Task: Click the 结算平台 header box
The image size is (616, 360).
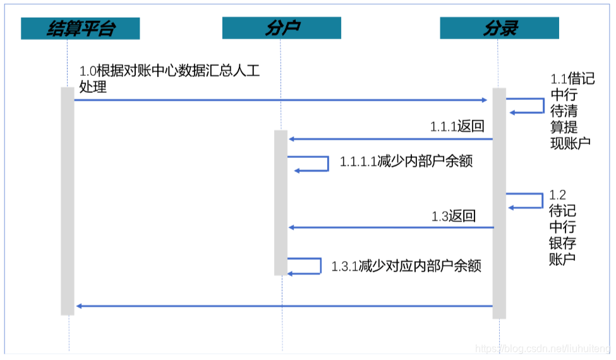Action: point(80,28)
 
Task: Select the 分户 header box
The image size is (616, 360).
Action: point(282,28)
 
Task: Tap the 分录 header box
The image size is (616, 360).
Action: point(499,28)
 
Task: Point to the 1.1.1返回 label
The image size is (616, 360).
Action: point(457,127)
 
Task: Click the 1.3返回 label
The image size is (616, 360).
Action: point(454,216)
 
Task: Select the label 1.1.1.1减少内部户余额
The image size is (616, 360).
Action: point(406,162)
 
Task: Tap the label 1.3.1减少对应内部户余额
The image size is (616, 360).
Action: point(406,266)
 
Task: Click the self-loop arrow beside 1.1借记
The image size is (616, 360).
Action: point(526,105)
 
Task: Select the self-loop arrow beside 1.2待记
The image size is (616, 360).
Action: point(525,201)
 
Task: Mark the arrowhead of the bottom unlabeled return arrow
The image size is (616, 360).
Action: point(78,306)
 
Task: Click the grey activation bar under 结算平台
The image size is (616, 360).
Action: point(67,202)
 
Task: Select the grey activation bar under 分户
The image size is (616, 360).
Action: point(281,202)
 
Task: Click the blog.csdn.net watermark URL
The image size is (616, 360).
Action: point(542,349)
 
